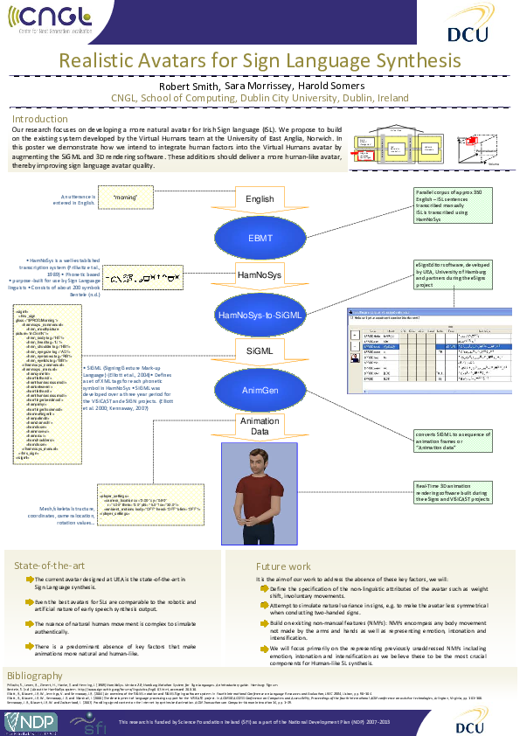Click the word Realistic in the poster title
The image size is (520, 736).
101,60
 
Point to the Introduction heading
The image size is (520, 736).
39,119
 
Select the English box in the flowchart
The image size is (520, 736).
260,199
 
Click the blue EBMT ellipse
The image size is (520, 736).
260,236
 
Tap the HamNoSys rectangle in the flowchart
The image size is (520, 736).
260,274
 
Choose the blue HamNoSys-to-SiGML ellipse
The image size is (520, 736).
260,312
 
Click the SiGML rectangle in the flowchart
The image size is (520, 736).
260,350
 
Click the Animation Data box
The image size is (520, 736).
260,426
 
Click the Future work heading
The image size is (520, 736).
283,566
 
